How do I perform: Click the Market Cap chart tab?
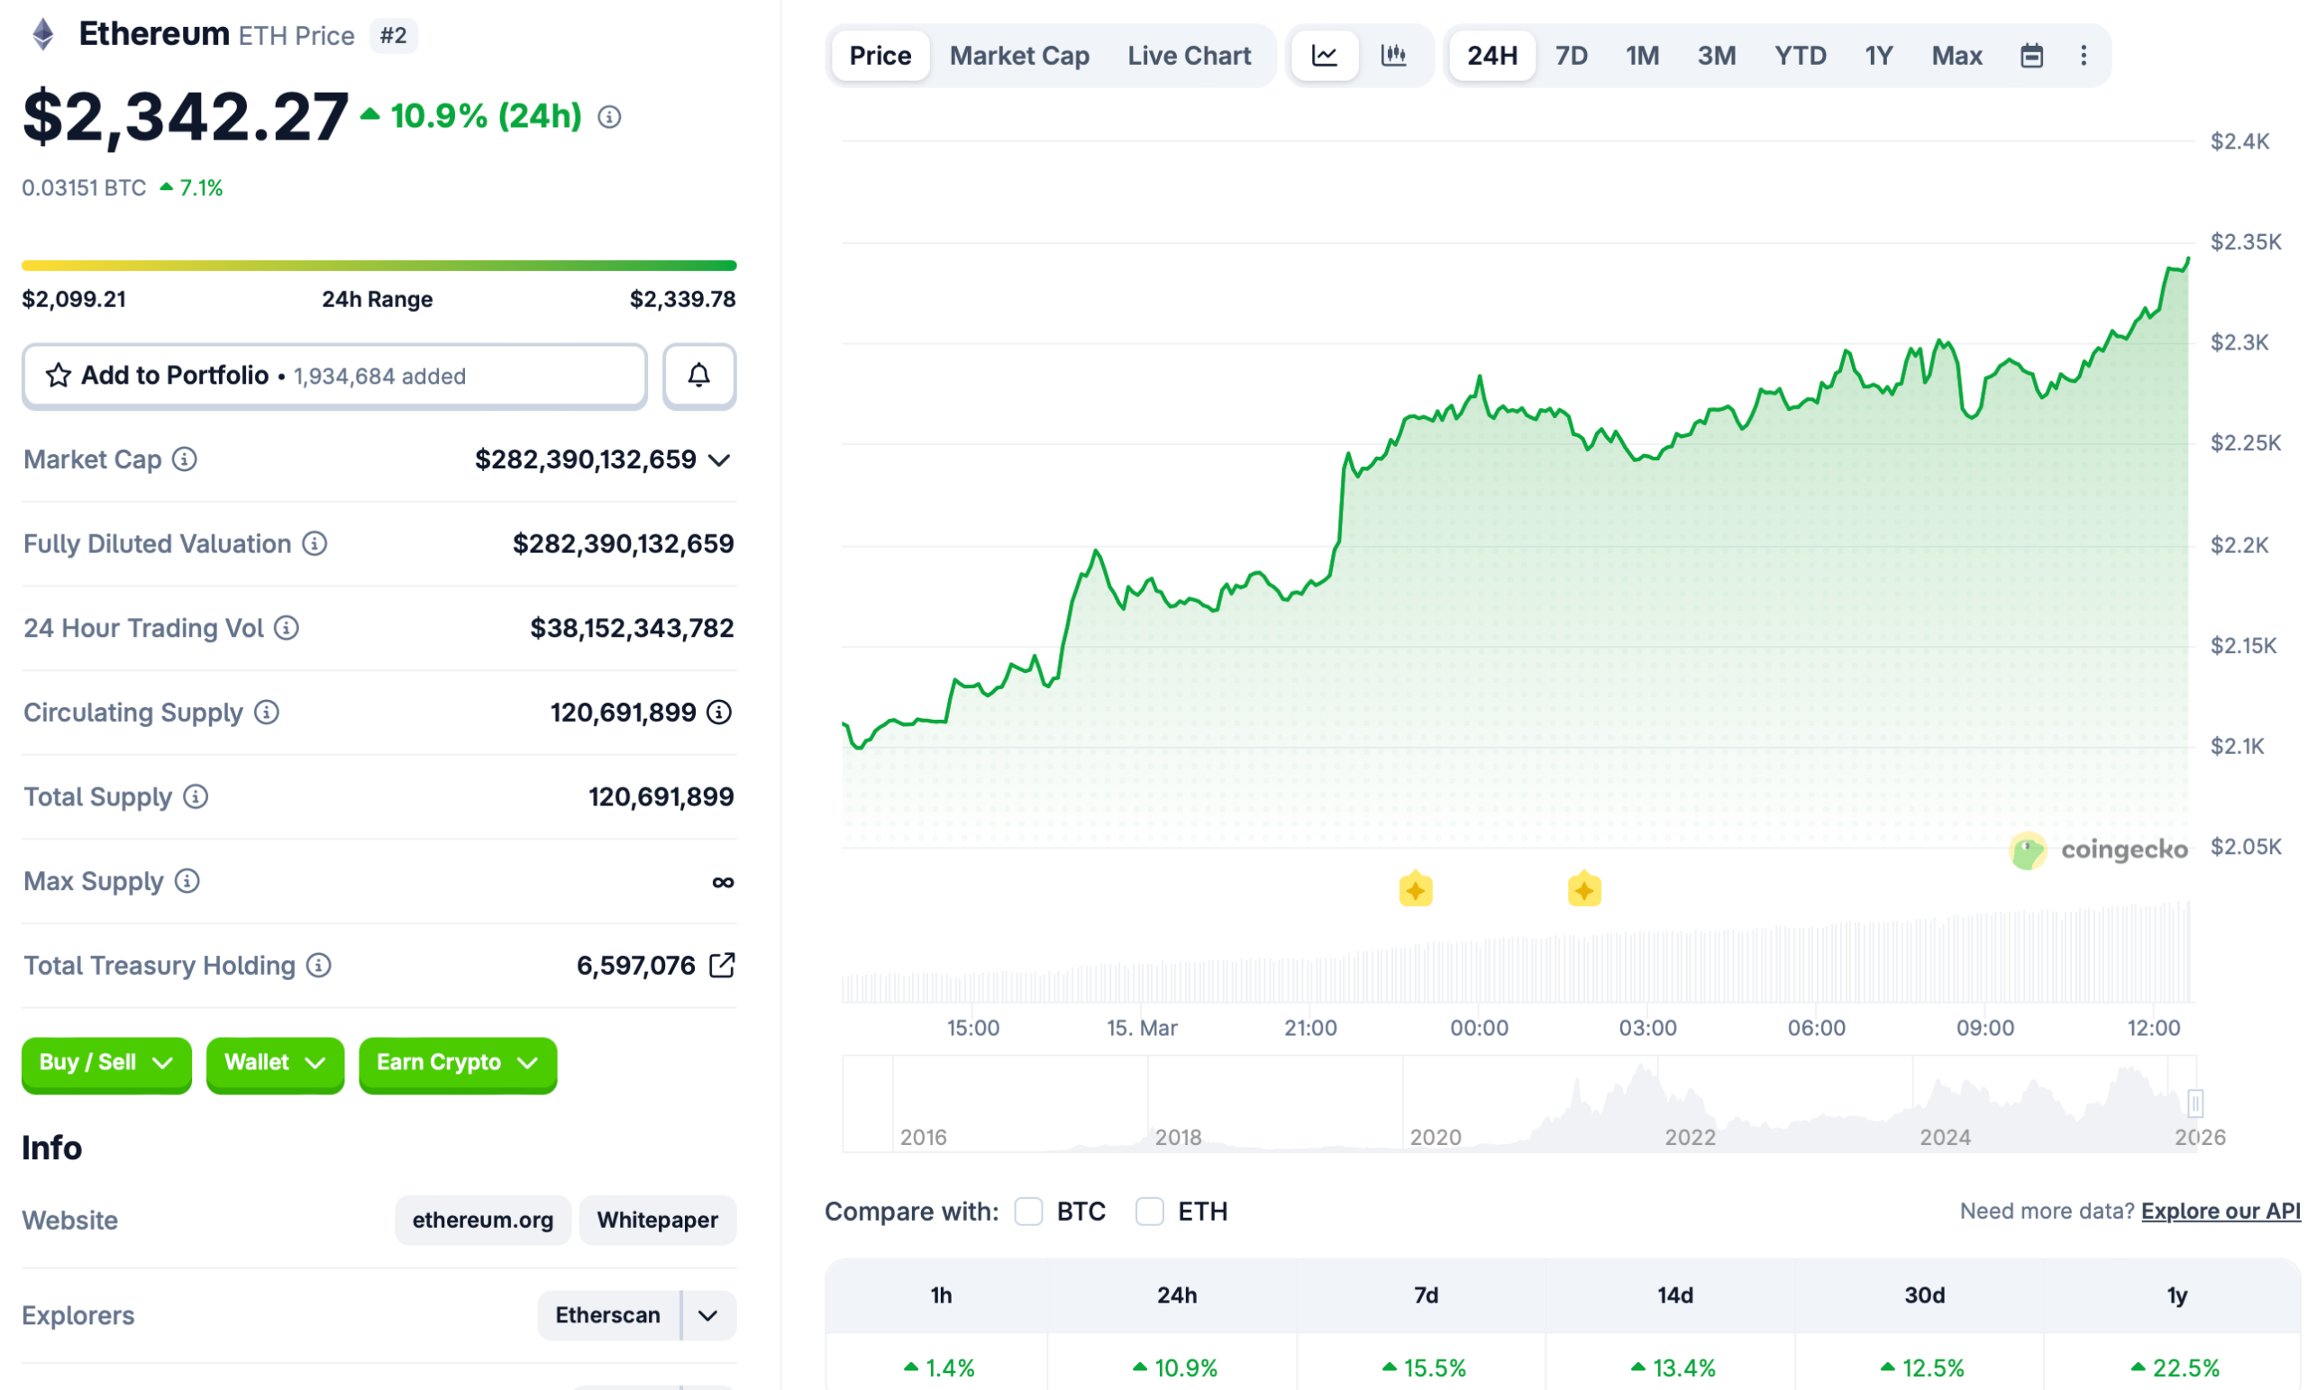[1018, 56]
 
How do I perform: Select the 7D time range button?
[1571, 56]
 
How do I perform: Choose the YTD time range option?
[1800, 56]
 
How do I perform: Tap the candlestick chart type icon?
[1393, 56]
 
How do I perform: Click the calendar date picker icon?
[2031, 56]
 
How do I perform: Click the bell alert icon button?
[698, 377]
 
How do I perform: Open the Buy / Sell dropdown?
[105, 1063]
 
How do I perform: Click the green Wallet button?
[274, 1063]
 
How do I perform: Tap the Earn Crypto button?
[457, 1063]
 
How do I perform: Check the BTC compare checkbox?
[1028, 1212]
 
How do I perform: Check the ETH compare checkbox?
[1149, 1212]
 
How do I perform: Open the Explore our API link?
[2220, 1212]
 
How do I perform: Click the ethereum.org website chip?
[482, 1221]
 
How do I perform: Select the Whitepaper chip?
[657, 1221]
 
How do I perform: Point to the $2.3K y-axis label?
[2239, 342]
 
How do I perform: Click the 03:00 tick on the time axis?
[1647, 1028]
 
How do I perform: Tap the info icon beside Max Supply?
[187, 881]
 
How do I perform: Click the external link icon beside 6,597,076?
[722, 965]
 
